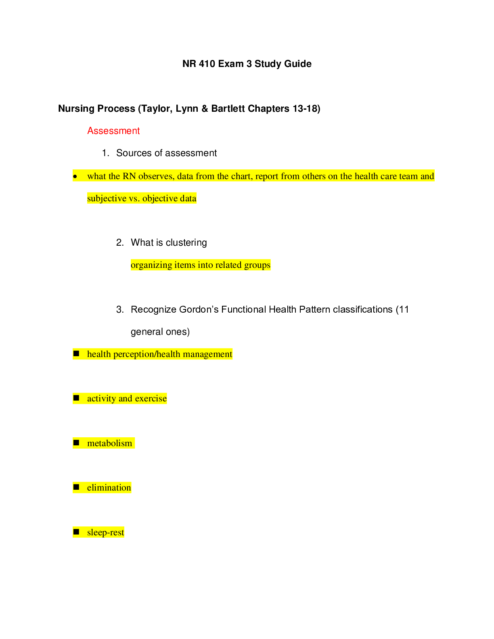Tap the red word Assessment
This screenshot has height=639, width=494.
113,131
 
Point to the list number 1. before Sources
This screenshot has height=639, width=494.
105,153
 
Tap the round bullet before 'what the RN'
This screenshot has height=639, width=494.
75,176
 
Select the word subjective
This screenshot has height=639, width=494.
107,198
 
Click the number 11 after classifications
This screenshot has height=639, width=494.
404,309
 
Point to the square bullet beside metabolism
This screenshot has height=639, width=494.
76,443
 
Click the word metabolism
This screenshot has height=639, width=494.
109,443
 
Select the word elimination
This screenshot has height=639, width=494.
109,488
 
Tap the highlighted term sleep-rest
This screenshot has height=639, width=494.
105,532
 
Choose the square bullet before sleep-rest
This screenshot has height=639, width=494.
76,532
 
